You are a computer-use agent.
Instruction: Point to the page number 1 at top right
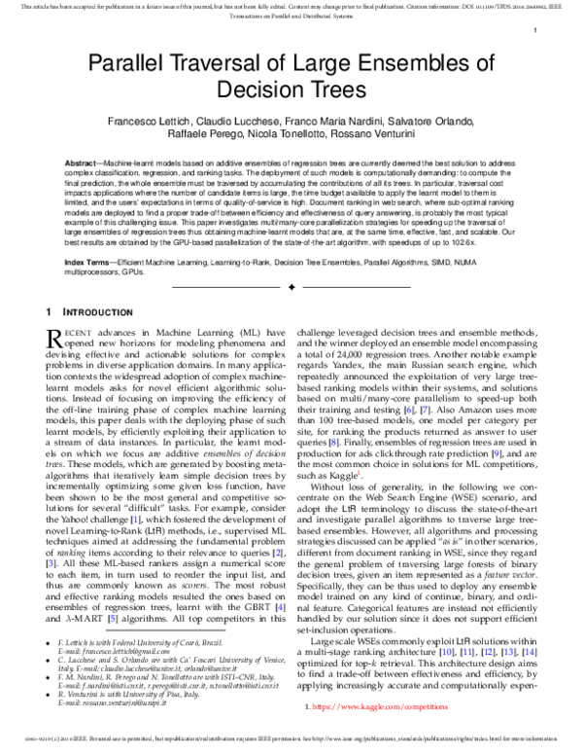[x=535, y=31]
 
